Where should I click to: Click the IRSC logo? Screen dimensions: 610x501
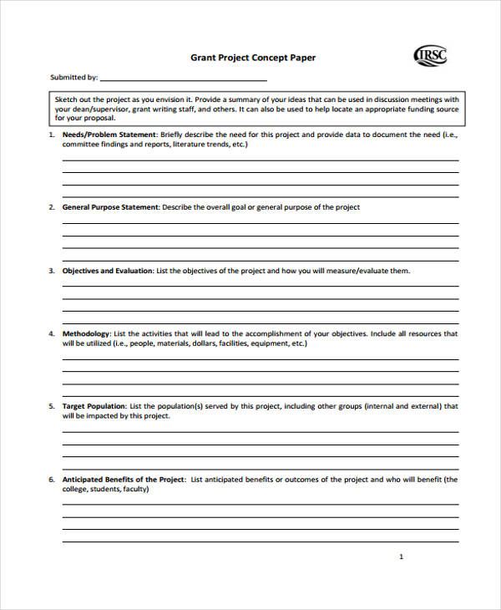430,56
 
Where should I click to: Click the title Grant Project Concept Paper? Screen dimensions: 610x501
254,58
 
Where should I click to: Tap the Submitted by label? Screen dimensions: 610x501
73,78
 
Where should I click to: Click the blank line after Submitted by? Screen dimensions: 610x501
184,79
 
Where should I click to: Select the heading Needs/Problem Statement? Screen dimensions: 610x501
109,135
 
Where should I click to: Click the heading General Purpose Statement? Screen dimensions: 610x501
110,207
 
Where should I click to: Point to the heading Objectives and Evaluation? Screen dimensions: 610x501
108,271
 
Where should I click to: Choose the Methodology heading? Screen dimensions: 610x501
86,333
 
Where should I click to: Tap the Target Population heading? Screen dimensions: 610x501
94,406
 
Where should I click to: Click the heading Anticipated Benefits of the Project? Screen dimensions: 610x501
124,480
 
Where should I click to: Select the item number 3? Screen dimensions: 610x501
52,271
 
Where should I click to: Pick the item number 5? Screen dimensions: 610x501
52,406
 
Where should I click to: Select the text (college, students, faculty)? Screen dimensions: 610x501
106,489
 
